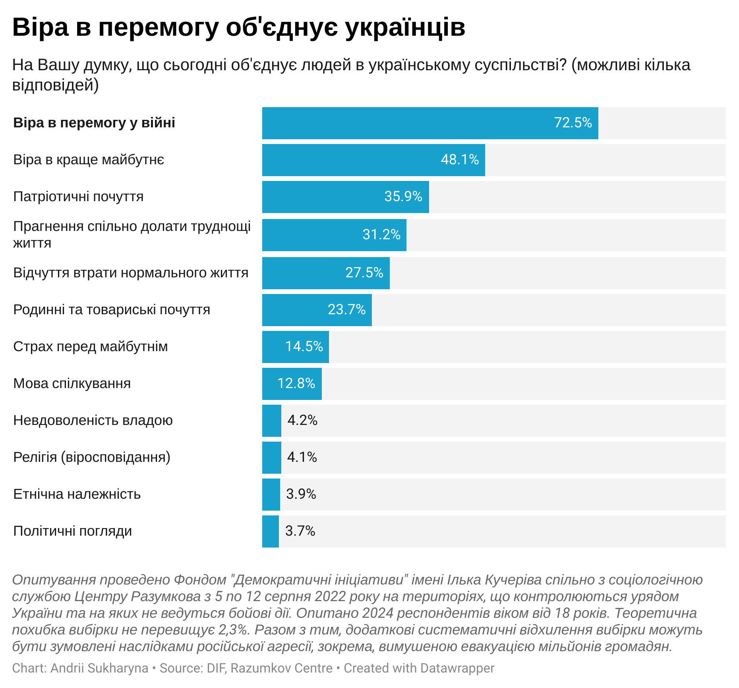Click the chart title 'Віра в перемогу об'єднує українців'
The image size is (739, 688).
(x=239, y=27)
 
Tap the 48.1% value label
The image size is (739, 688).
(x=460, y=160)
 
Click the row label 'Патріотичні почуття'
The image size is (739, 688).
(x=78, y=196)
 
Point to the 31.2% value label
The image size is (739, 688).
(x=381, y=234)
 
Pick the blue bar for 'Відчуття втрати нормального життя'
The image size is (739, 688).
(x=302, y=273)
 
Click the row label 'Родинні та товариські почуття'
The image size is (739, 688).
(x=112, y=309)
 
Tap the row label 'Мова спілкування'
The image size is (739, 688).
(x=72, y=383)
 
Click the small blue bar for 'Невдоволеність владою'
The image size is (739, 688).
(x=272, y=421)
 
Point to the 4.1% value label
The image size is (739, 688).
(x=302, y=457)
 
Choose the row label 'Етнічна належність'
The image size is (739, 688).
(x=77, y=494)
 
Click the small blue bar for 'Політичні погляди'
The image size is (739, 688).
(x=271, y=531)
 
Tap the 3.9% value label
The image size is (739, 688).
(x=301, y=494)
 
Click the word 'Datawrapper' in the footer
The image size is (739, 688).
(x=457, y=668)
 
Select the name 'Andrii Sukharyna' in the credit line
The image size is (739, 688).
(x=99, y=668)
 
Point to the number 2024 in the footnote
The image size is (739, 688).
(x=377, y=613)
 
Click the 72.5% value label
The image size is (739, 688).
(x=573, y=123)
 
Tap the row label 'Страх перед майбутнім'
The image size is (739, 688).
(x=91, y=346)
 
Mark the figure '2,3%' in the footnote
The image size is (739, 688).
(x=234, y=630)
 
